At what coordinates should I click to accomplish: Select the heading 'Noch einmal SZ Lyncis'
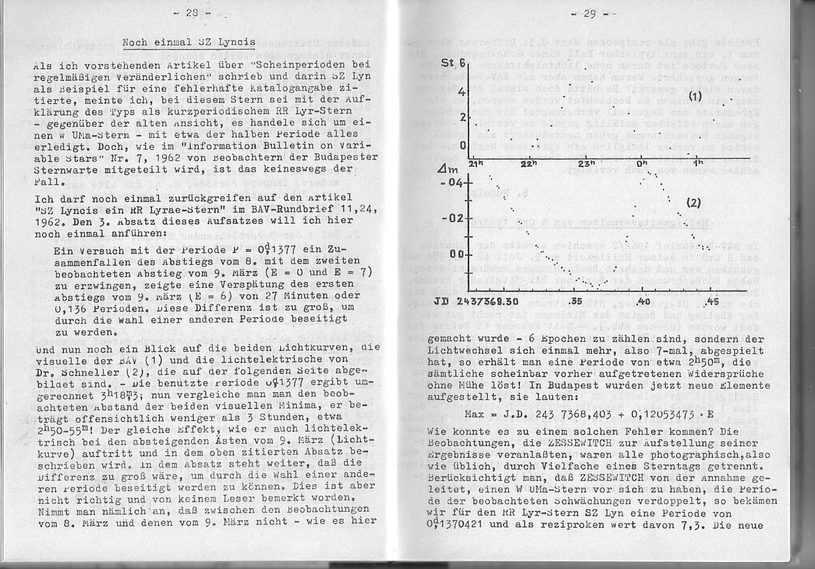coord(188,42)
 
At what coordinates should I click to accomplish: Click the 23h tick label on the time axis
coord(587,164)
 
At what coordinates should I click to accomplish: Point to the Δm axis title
coord(443,169)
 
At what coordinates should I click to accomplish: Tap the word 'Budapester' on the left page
coord(344,157)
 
